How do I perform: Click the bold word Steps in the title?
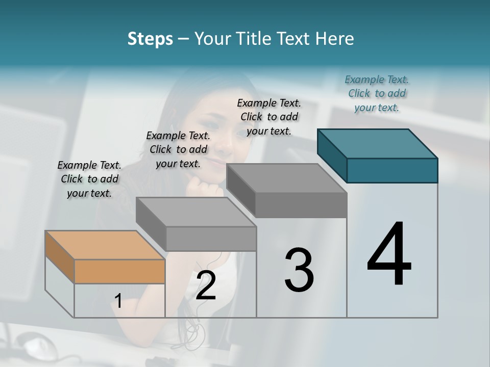click(x=150, y=39)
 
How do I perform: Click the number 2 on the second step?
click(x=206, y=285)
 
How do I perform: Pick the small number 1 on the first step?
click(x=118, y=301)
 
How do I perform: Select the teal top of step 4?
click(x=378, y=143)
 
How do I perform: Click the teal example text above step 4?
click(x=377, y=93)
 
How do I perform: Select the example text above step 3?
click(x=269, y=117)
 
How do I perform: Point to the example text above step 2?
click(x=178, y=149)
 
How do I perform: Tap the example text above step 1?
click(x=89, y=179)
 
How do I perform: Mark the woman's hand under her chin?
click(x=204, y=186)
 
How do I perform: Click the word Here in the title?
click(x=334, y=39)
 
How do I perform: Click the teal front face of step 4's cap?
click(x=392, y=170)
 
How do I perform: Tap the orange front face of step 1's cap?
click(x=119, y=271)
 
